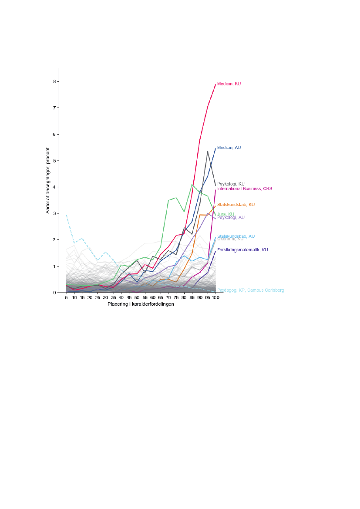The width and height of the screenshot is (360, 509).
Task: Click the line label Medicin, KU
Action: (229, 84)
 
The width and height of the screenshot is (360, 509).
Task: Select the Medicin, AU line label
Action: (229, 148)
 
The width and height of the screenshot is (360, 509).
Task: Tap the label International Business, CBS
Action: (245, 189)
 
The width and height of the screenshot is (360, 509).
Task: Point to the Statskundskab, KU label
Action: (236, 204)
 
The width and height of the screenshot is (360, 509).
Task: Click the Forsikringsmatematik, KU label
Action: (242, 250)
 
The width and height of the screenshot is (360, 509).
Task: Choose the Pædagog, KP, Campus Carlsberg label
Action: (250, 290)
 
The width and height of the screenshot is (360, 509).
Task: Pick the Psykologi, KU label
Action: (231, 184)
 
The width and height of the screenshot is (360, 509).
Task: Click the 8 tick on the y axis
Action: (55, 81)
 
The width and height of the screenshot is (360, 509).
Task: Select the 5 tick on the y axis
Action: (55, 161)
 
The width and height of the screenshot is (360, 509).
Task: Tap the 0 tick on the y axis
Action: (55, 293)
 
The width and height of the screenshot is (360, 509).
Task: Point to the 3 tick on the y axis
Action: (55, 213)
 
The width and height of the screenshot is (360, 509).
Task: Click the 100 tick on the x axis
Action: (215, 298)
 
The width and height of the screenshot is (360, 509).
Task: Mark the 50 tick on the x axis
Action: (137, 298)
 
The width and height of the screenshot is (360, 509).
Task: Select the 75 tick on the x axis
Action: (176, 298)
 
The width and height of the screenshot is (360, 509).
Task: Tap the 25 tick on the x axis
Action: (98, 298)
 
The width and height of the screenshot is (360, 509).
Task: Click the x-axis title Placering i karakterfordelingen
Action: (141, 304)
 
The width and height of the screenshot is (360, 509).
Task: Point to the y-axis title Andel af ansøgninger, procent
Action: (48, 180)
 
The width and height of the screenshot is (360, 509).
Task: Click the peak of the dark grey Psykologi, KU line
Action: (208, 151)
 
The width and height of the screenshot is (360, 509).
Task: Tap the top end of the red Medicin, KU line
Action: (215, 84)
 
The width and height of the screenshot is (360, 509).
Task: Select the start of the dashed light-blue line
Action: (66, 215)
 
